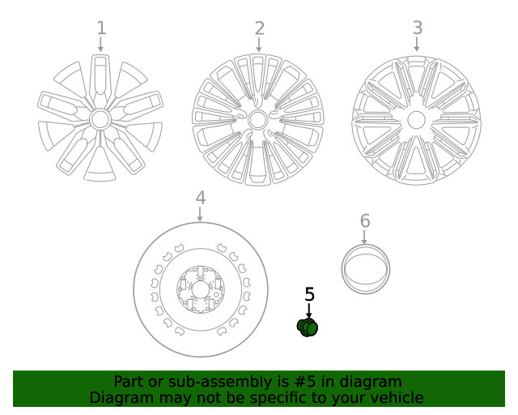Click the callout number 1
101,28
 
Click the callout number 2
260,28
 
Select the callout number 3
418,28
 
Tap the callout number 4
201,198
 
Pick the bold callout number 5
309,294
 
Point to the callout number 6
365,220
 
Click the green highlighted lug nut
308,327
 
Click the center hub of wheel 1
100,119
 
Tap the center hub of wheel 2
257,120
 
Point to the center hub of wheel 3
416,120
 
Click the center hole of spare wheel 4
200,290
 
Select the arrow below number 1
100,44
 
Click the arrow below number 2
259,45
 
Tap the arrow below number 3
417,44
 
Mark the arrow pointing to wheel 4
200,214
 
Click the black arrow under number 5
309,311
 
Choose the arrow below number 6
364,237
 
